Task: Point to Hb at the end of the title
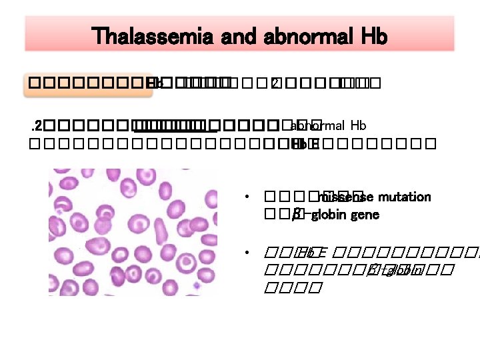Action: tap(373, 36)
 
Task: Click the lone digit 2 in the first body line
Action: tap(274, 84)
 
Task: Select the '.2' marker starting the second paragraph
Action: tap(38, 125)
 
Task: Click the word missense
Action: tap(341, 197)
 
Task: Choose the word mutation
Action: tap(405, 197)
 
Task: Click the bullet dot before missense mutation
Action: tap(247, 198)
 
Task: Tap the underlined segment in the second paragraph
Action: tap(170, 125)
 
